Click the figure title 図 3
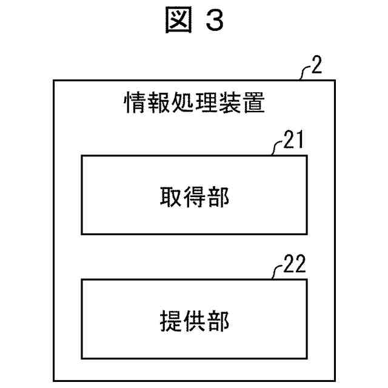pos(194,21)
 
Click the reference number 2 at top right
pos(315,67)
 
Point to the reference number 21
pos(294,142)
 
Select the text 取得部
pos(194,196)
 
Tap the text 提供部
pos(194,319)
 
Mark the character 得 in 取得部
pos(194,196)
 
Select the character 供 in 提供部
pos(194,319)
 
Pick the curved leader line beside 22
pos(278,272)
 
